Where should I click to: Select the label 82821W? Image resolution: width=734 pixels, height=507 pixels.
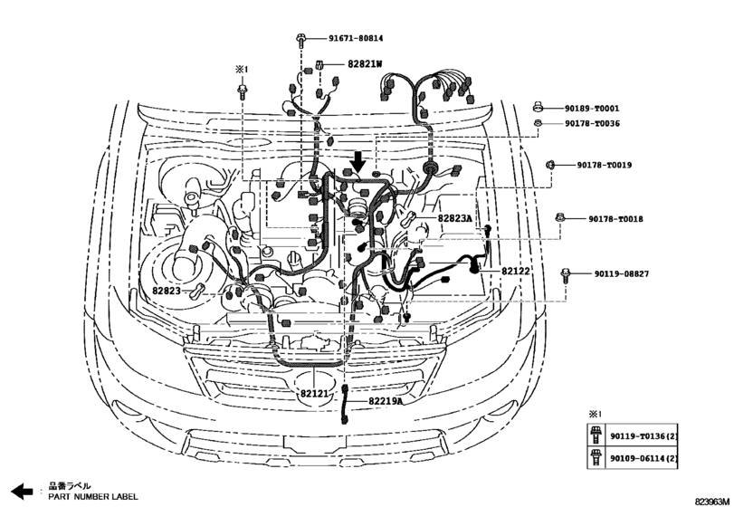(x=366, y=64)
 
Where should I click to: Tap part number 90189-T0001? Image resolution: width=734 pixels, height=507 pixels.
(x=599, y=108)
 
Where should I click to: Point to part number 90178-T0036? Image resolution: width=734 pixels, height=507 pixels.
(x=599, y=123)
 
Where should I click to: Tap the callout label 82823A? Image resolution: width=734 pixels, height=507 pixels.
(x=455, y=219)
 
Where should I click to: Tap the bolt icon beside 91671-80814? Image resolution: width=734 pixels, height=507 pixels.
(x=299, y=39)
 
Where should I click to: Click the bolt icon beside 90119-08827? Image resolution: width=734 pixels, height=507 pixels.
(x=566, y=273)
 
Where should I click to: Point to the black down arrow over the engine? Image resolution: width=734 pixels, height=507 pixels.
(x=358, y=161)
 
